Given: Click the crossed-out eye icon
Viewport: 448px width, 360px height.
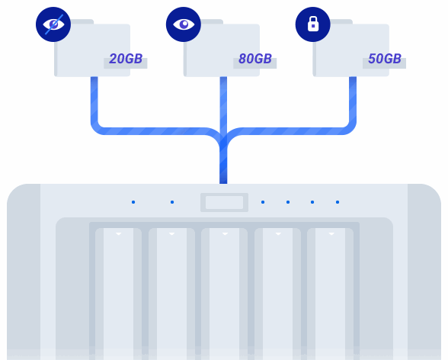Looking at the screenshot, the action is click(x=53, y=24).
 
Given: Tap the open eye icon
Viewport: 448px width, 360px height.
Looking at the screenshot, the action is click(x=184, y=24).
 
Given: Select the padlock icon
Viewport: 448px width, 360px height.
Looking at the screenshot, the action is click(x=313, y=24).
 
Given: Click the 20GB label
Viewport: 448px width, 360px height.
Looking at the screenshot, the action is click(x=126, y=59).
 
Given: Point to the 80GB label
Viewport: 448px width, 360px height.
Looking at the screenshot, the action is click(x=255, y=59).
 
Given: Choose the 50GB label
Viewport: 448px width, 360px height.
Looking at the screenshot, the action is click(x=385, y=59).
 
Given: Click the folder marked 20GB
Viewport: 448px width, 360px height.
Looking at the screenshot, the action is click(x=98, y=49).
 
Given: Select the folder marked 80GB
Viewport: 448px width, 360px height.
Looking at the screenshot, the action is click(x=226, y=49).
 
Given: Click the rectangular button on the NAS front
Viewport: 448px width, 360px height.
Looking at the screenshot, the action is click(x=224, y=202).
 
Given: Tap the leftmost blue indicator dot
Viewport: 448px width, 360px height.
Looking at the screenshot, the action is click(x=133, y=202).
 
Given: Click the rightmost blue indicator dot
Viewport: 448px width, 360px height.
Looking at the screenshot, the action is click(x=338, y=202).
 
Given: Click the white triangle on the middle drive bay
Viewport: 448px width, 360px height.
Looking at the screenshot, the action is click(x=225, y=234).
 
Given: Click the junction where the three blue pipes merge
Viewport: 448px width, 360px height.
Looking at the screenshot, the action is click(x=223, y=140).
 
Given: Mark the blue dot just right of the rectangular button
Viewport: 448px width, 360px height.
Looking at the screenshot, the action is click(x=263, y=202).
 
